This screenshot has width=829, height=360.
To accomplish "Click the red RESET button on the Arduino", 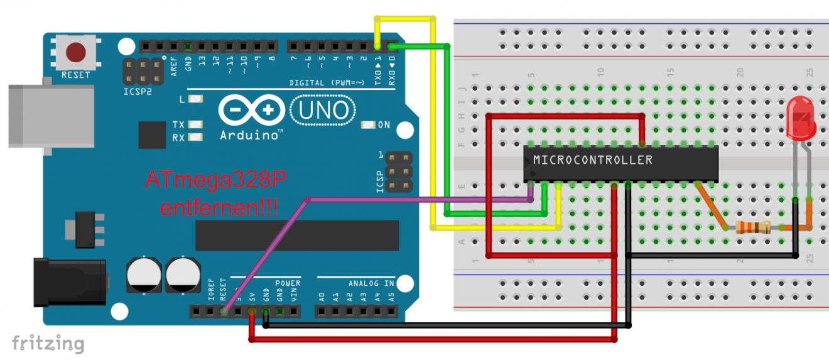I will click(77, 52).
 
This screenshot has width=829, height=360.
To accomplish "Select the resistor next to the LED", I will click(752, 228).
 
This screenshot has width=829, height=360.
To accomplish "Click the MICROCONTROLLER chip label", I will click(592, 160).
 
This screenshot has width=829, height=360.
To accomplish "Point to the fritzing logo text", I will click(48, 344).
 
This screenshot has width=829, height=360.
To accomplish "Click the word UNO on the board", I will click(324, 111).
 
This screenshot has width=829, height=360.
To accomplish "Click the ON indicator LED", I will click(368, 125).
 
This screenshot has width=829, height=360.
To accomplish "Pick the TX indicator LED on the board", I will click(196, 125).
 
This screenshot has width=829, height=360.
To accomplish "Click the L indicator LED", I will click(196, 99).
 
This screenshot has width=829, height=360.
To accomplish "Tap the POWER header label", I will click(287, 283).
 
